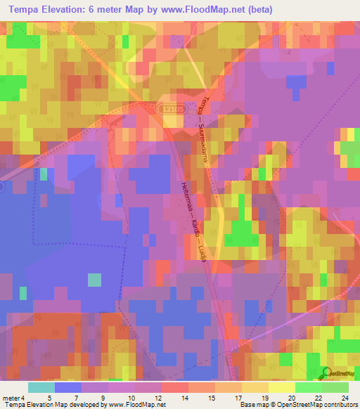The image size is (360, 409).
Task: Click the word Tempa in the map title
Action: coord(26,8)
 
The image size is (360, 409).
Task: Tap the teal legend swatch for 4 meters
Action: coord(41,387)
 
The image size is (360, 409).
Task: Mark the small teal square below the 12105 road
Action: coord(44,174)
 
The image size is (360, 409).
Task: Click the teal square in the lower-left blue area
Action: coord(94,280)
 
